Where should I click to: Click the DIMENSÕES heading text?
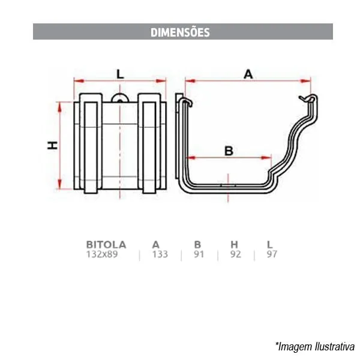[180, 32]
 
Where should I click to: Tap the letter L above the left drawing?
[120, 74]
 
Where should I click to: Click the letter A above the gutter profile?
[248, 74]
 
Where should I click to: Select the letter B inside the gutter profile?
[229, 151]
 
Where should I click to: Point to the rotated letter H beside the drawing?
[53, 146]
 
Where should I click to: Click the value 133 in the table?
[160, 254]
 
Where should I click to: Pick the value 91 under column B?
[199, 254]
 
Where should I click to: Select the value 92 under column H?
[236, 254]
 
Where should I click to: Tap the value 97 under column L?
[272, 254]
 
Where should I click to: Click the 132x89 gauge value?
[102, 254]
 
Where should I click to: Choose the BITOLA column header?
[106, 245]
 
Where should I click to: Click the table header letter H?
[234, 245]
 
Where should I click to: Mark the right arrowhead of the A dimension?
[305, 81]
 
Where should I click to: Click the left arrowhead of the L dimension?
[79, 81]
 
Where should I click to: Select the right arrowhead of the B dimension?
[266, 158]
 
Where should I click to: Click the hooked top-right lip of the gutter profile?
[309, 98]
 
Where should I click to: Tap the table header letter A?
[155, 245]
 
